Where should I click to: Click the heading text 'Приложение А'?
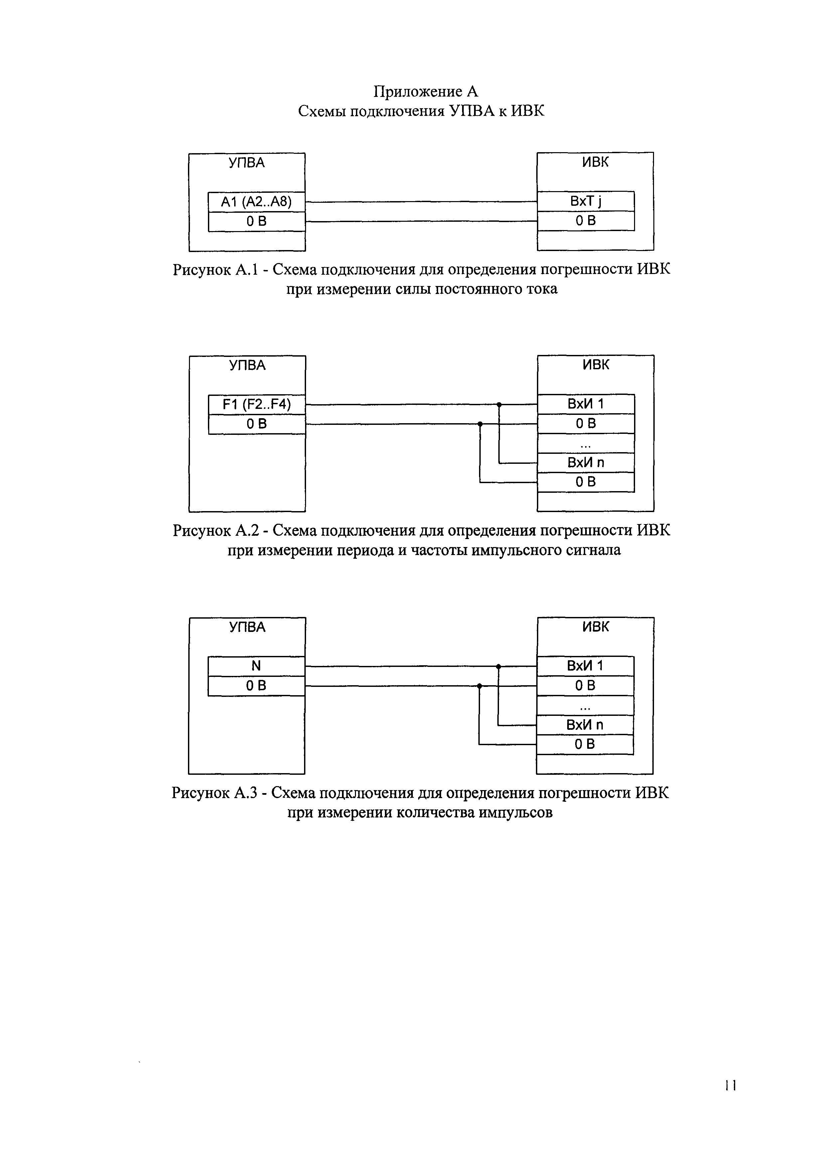tap(426, 92)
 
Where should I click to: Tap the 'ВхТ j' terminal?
tap(585, 201)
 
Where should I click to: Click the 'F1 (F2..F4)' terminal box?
tap(257, 405)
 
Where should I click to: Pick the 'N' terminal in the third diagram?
tap(256, 666)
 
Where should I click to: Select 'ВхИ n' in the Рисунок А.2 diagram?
tap(585, 463)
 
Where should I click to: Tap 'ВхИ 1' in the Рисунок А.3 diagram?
tap(585, 666)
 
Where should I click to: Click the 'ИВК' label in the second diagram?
tap(596, 365)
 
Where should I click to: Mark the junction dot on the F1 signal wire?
tap(499, 405)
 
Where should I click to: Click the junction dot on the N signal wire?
tap(498, 666)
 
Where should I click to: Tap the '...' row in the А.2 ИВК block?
tap(585, 443)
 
